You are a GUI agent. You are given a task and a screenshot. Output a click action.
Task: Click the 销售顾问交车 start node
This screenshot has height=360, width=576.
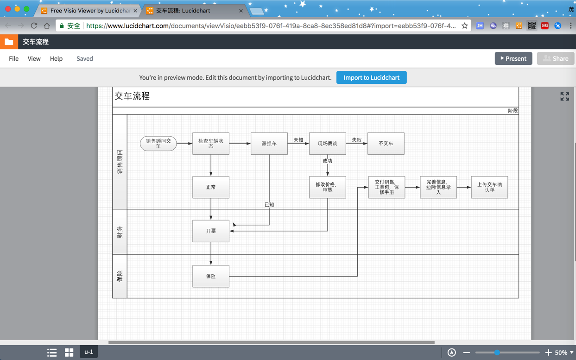(x=158, y=144)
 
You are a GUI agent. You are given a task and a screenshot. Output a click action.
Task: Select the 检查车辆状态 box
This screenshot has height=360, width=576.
(x=211, y=144)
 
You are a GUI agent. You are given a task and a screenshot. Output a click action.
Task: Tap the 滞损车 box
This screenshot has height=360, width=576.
(x=269, y=144)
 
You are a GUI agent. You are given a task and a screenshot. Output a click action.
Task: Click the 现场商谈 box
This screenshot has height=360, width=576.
(x=327, y=144)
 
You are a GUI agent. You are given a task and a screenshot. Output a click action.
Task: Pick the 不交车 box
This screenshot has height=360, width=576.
(x=386, y=144)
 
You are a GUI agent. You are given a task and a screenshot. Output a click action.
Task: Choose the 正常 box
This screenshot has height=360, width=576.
(x=211, y=187)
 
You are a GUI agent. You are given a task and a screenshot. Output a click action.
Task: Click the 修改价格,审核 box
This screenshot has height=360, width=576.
(x=327, y=187)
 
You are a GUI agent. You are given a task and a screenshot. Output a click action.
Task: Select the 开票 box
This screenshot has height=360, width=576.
(x=211, y=231)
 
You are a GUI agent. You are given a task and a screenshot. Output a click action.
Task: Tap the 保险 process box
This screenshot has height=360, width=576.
(x=211, y=276)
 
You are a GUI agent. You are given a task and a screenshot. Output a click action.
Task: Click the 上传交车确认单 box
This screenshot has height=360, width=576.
(x=489, y=187)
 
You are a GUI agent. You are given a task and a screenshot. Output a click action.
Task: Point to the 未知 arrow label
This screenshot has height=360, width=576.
(x=298, y=139)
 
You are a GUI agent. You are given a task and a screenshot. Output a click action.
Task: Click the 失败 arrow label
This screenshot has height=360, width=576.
(x=357, y=139)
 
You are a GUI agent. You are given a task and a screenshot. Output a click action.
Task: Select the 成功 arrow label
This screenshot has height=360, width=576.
(x=327, y=161)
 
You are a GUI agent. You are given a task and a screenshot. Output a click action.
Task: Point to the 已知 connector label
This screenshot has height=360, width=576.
(x=269, y=205)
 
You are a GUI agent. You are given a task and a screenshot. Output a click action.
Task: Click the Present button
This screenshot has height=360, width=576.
(x=513, y=59)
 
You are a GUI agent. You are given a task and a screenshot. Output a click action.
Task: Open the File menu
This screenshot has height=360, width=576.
(x=13, y=59)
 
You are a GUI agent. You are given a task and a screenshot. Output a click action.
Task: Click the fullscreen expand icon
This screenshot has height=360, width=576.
(x=565, y=96)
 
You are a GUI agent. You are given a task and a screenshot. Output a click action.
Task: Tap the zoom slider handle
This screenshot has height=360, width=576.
(x=497, y=352)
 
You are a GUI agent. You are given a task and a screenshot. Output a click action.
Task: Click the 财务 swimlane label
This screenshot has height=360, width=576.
(x=120, y=232)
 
